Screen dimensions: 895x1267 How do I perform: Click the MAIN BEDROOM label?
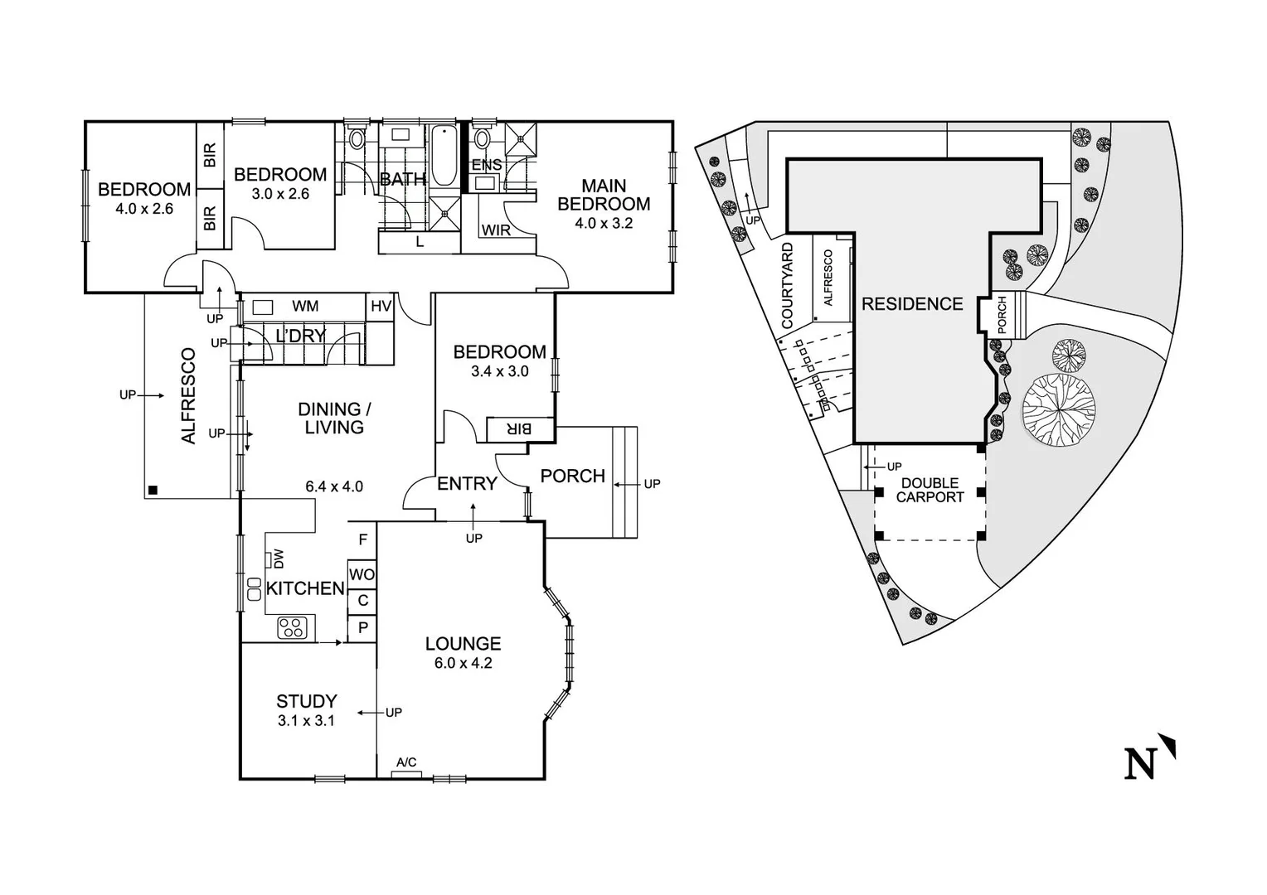tap(604, 195)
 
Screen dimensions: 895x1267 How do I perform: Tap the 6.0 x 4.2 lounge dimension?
tap(463, 663)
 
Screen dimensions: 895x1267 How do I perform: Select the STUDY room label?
tap(306, 701)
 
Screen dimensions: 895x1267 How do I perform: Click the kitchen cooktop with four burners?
tap(292, 627)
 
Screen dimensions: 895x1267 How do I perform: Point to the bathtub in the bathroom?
tap(442, 156)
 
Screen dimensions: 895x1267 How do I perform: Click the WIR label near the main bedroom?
tap(496, 230)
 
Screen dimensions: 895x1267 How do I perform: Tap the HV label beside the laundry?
tap(381, 307)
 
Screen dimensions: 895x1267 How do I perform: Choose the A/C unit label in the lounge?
tap(406, 762)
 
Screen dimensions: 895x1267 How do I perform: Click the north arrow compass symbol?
tap(1149, 758)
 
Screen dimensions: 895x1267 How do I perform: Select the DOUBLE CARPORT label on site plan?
tap(930, 490)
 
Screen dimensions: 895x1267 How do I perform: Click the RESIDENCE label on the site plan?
tap(912, 304)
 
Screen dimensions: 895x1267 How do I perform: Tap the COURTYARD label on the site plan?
tap(788, 284)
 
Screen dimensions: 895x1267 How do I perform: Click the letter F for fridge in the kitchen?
tap(362, 539)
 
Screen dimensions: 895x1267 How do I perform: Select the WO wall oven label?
tap(362, 574)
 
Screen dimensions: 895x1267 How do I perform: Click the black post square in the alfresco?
tap(152, 490)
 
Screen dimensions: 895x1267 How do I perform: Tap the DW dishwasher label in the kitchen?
tap(279, 559)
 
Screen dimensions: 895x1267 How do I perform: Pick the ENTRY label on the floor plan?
tap(467, 484)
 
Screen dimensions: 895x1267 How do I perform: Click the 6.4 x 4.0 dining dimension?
tap(334, 486)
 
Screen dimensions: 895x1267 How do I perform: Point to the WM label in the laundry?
tap(305, 307)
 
